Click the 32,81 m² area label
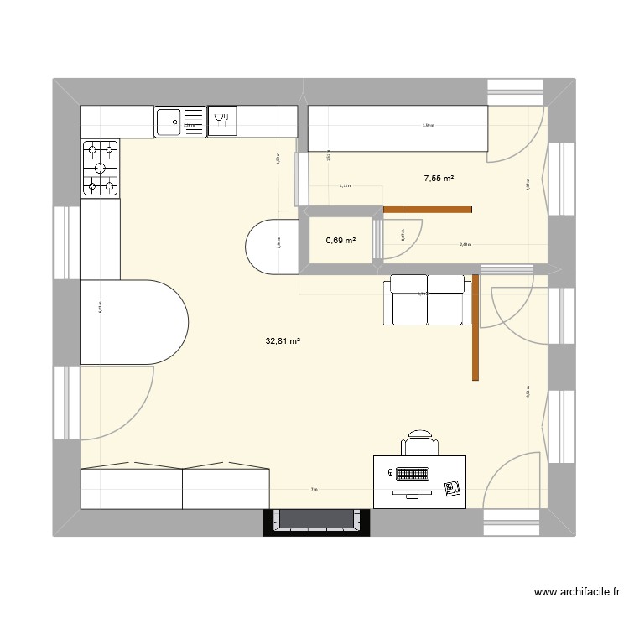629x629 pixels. (283, 341)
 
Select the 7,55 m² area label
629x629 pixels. (439, 179)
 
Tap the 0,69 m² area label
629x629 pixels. (340, 241)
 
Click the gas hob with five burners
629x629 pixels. (100, 168)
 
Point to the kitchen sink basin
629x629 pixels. (169, 122)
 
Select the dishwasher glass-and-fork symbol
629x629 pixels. (222, 122)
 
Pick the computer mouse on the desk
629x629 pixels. (392, 474)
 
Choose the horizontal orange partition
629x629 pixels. (428, 209)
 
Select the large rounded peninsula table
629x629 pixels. (134, 322)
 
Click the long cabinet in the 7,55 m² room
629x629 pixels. (398, 129)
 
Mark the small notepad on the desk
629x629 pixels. (453, 488)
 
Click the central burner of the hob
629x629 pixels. (100, 168)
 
